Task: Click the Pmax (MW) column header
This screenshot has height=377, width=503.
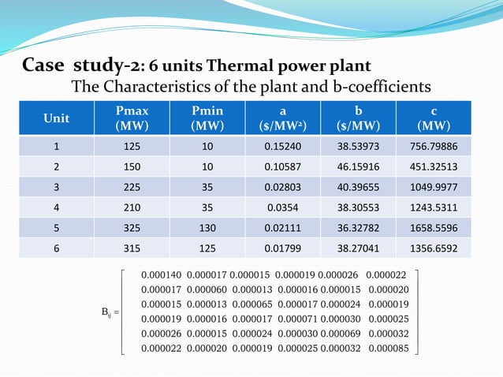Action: point(132,118)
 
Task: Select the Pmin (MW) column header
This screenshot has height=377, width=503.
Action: point(207,118)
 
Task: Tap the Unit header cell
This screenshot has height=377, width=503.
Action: point(56,118)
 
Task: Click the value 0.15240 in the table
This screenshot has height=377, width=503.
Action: point(283,146)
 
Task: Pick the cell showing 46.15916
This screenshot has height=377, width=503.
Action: point(359,168)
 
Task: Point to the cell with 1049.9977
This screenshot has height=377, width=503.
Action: point(434,189)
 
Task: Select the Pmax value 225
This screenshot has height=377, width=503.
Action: point(132,189)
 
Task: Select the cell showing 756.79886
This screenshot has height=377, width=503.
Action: point(434,146)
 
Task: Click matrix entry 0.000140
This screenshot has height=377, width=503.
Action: point(160,274)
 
